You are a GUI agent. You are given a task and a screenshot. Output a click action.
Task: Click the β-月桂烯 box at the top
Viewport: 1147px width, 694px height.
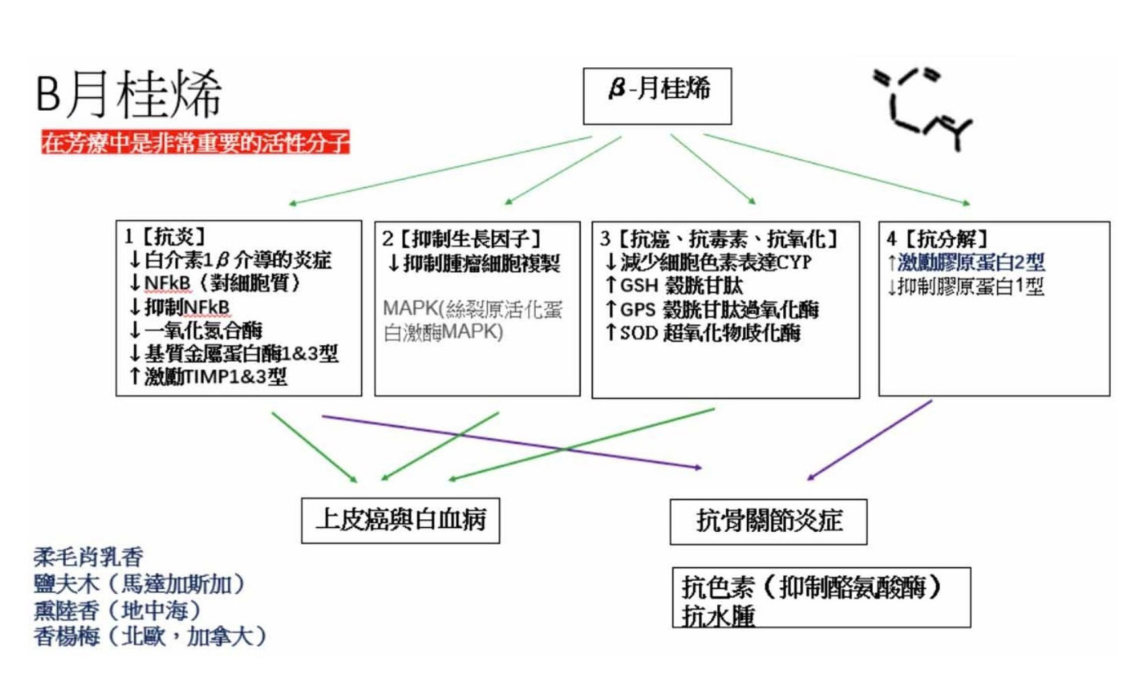coord(657,96)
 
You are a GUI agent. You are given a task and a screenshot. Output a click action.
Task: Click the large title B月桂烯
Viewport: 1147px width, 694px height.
coord(129,94)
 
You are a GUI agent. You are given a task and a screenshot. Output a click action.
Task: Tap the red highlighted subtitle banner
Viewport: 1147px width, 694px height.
coord(194,142)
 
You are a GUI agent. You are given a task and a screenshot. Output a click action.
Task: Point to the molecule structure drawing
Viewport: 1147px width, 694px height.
coord(923,109)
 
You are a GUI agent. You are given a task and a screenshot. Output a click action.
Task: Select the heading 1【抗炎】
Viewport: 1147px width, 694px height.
coord(165,237)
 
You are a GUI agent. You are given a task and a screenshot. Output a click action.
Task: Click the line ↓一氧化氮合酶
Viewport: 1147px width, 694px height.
coord(196,330)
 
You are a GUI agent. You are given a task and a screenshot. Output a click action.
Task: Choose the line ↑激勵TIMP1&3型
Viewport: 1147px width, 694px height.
coord(208,376)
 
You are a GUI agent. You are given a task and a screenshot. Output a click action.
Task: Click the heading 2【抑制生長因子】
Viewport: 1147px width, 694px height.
coord(461,239)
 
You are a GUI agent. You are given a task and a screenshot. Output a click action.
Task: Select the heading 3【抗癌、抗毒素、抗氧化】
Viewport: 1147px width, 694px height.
coord(719,239)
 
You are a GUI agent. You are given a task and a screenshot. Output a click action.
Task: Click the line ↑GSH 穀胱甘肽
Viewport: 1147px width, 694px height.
coord(674,285)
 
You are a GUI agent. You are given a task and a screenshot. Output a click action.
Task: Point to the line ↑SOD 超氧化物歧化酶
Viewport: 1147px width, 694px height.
coord(703,333)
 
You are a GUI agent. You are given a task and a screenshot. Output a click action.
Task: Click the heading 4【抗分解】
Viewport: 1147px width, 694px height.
coord(937,239)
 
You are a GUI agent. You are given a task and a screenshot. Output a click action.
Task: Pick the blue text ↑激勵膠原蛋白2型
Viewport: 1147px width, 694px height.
coord(966,262)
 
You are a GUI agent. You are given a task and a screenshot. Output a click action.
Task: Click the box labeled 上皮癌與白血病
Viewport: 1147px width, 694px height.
coord(400,520)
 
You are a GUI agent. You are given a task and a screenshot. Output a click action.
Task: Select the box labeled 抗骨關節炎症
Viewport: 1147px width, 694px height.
coord(768,521)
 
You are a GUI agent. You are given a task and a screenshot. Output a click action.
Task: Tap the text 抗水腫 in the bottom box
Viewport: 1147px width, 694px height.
coord(719,616)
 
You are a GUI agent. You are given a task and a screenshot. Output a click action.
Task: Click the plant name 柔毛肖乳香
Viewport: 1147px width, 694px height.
coord(88,558)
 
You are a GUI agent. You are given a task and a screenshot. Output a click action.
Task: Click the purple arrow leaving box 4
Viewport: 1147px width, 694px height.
coord(870,439)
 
